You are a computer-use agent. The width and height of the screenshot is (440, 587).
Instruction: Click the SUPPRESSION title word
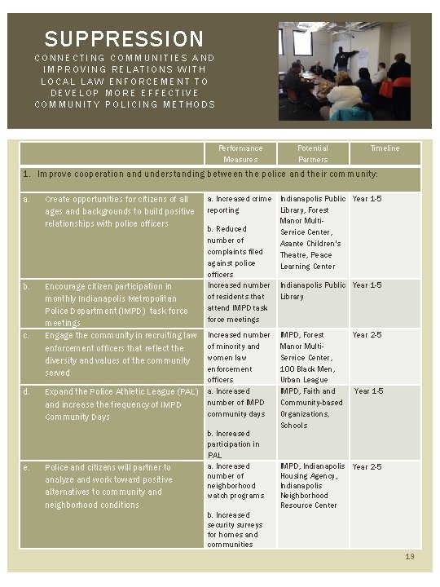click(124, 38)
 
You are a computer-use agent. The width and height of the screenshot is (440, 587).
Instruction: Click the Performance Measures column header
click(240, 154)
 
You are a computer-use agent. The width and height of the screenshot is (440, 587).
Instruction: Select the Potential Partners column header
click(313, 154)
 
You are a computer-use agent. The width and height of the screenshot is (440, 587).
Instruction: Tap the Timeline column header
click(385, 148)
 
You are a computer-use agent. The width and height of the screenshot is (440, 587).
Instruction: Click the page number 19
click(411, 556)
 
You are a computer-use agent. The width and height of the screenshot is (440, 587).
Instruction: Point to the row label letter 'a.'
click(27, 199)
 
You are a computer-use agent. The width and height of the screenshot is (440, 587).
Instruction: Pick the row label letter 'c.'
click(27, 335)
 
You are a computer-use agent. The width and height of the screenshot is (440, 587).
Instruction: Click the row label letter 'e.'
click(27, 467)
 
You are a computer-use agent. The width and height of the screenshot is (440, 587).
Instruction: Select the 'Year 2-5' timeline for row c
click(367, 335)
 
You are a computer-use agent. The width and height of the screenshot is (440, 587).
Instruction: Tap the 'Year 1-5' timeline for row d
click(368, 391)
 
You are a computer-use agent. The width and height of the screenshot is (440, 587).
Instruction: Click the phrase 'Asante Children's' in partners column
click(310, 244)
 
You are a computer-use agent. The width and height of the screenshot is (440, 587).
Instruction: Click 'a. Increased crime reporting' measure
click(240, 205)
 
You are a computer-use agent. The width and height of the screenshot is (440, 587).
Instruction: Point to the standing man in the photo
click(345, 59)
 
